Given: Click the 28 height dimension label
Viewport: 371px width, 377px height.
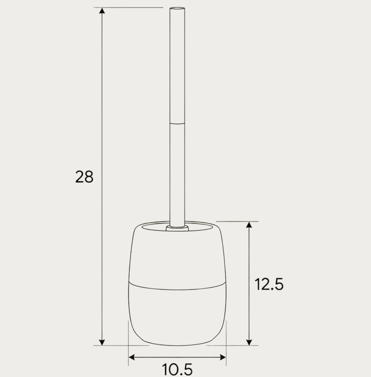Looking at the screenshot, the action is [x=84, y=177].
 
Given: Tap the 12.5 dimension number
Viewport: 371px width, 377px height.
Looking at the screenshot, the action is [x=269, y=284].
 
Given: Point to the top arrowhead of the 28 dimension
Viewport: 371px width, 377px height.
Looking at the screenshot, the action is [x=102, y=10].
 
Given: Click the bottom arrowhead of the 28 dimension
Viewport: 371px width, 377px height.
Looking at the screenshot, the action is [x=102, y=343].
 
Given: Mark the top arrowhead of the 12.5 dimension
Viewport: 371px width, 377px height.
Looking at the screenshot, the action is [x=249, y=224].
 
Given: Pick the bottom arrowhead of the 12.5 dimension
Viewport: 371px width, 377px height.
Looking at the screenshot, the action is [x=249, y=342].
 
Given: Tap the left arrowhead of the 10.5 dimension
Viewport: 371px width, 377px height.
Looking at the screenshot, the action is [x=132, y=357].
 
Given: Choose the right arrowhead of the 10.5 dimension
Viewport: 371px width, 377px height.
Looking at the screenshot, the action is [x=223, y=357].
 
